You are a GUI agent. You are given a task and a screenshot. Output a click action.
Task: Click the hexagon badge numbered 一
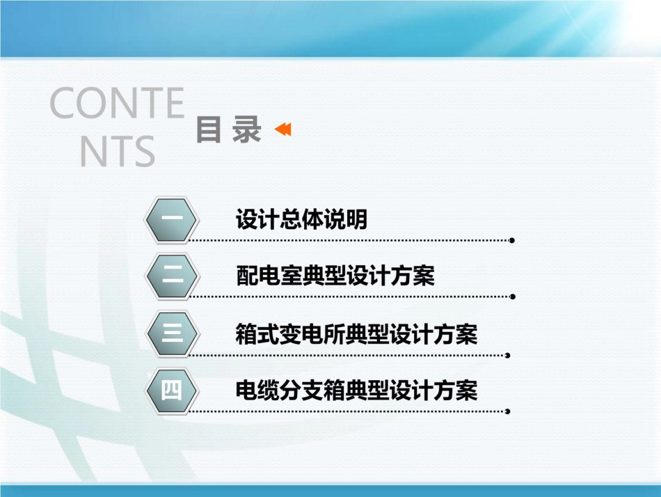[173, 220]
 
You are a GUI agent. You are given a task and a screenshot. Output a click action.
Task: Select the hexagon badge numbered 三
[173, 334]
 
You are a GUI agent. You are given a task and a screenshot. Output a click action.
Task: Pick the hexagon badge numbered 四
[173, 390]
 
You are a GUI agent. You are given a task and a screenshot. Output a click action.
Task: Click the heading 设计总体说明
[301, 220]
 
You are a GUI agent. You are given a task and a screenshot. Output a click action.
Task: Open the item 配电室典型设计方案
[335, 276]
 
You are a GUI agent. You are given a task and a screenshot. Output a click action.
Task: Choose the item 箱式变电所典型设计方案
[357, 334]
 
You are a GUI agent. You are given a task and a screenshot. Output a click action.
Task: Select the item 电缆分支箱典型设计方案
[357, 390]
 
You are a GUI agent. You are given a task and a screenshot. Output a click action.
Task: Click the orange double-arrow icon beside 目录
[282, 129]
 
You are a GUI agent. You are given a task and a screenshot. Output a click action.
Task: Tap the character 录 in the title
[247, 130]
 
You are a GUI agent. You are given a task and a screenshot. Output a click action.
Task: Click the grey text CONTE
[116, 104]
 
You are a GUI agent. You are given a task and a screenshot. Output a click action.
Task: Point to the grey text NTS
[116, 151]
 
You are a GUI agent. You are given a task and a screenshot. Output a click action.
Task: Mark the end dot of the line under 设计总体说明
[511, 240]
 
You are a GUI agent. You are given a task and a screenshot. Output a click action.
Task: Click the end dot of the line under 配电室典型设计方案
[513, 297]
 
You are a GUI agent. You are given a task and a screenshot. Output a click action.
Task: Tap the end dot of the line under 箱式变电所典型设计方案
[507, 354]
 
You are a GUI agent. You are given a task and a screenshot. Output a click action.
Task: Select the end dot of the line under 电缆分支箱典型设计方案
[507, 411]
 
